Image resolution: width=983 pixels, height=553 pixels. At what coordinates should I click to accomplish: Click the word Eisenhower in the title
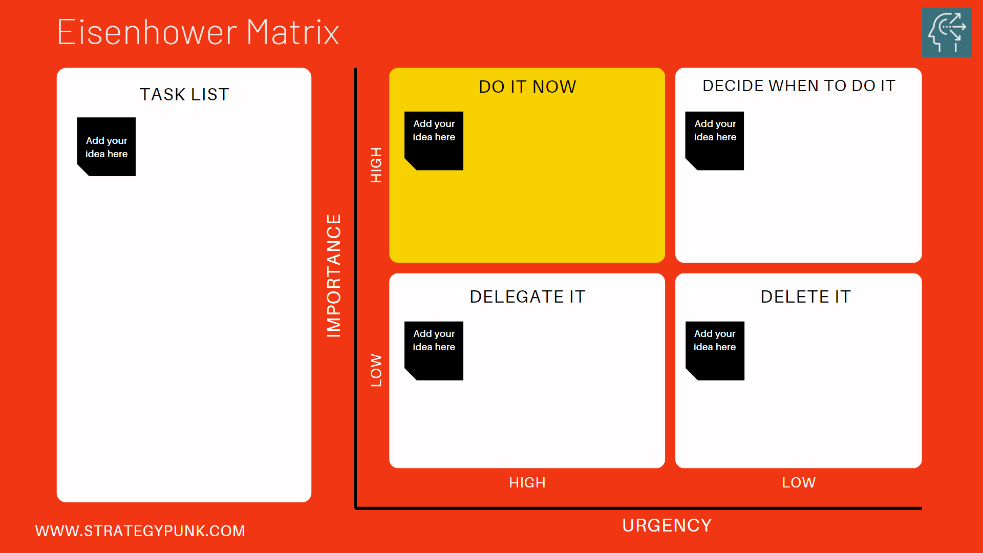coord(147,32)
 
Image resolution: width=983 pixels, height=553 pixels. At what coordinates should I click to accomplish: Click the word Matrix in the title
coord(292,32)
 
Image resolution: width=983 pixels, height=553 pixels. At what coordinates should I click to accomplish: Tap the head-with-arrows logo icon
coord(946,32)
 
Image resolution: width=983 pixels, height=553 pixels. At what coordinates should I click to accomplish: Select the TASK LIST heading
coord(184,95)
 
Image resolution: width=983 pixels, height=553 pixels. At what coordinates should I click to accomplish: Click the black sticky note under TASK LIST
coord(106,147)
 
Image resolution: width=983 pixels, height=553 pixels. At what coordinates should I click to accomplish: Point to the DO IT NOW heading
coord(527,87)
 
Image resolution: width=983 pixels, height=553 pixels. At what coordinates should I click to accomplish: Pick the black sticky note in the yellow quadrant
coord(434,141)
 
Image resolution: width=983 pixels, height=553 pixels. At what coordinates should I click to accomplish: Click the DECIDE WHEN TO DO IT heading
coord(799,86)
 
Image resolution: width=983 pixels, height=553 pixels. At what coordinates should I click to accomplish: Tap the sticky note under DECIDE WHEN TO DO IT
coord(715,141)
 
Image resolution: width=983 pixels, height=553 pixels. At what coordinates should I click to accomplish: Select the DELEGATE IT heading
coord(527,297)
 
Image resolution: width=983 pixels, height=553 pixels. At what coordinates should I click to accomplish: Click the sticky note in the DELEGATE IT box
coord(434,351)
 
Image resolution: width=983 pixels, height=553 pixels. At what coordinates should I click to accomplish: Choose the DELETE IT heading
coord(805,297)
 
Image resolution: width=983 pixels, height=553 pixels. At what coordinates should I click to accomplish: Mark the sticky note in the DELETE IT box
coord(715,351)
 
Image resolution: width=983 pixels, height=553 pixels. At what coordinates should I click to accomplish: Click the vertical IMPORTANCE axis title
coord(334,275)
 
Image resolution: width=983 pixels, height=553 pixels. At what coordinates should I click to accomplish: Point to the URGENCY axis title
coord(667,525)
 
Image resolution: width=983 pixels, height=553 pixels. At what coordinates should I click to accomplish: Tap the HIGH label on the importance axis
coord(376,165)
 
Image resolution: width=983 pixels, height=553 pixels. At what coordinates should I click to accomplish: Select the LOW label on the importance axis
coord(376,370)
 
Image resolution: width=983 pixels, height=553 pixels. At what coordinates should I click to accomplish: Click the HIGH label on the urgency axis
coord(527,482)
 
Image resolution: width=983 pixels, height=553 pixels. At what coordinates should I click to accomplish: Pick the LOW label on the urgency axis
coord(799,482)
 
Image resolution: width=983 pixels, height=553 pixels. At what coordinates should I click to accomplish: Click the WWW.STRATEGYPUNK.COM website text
coord(140,531)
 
